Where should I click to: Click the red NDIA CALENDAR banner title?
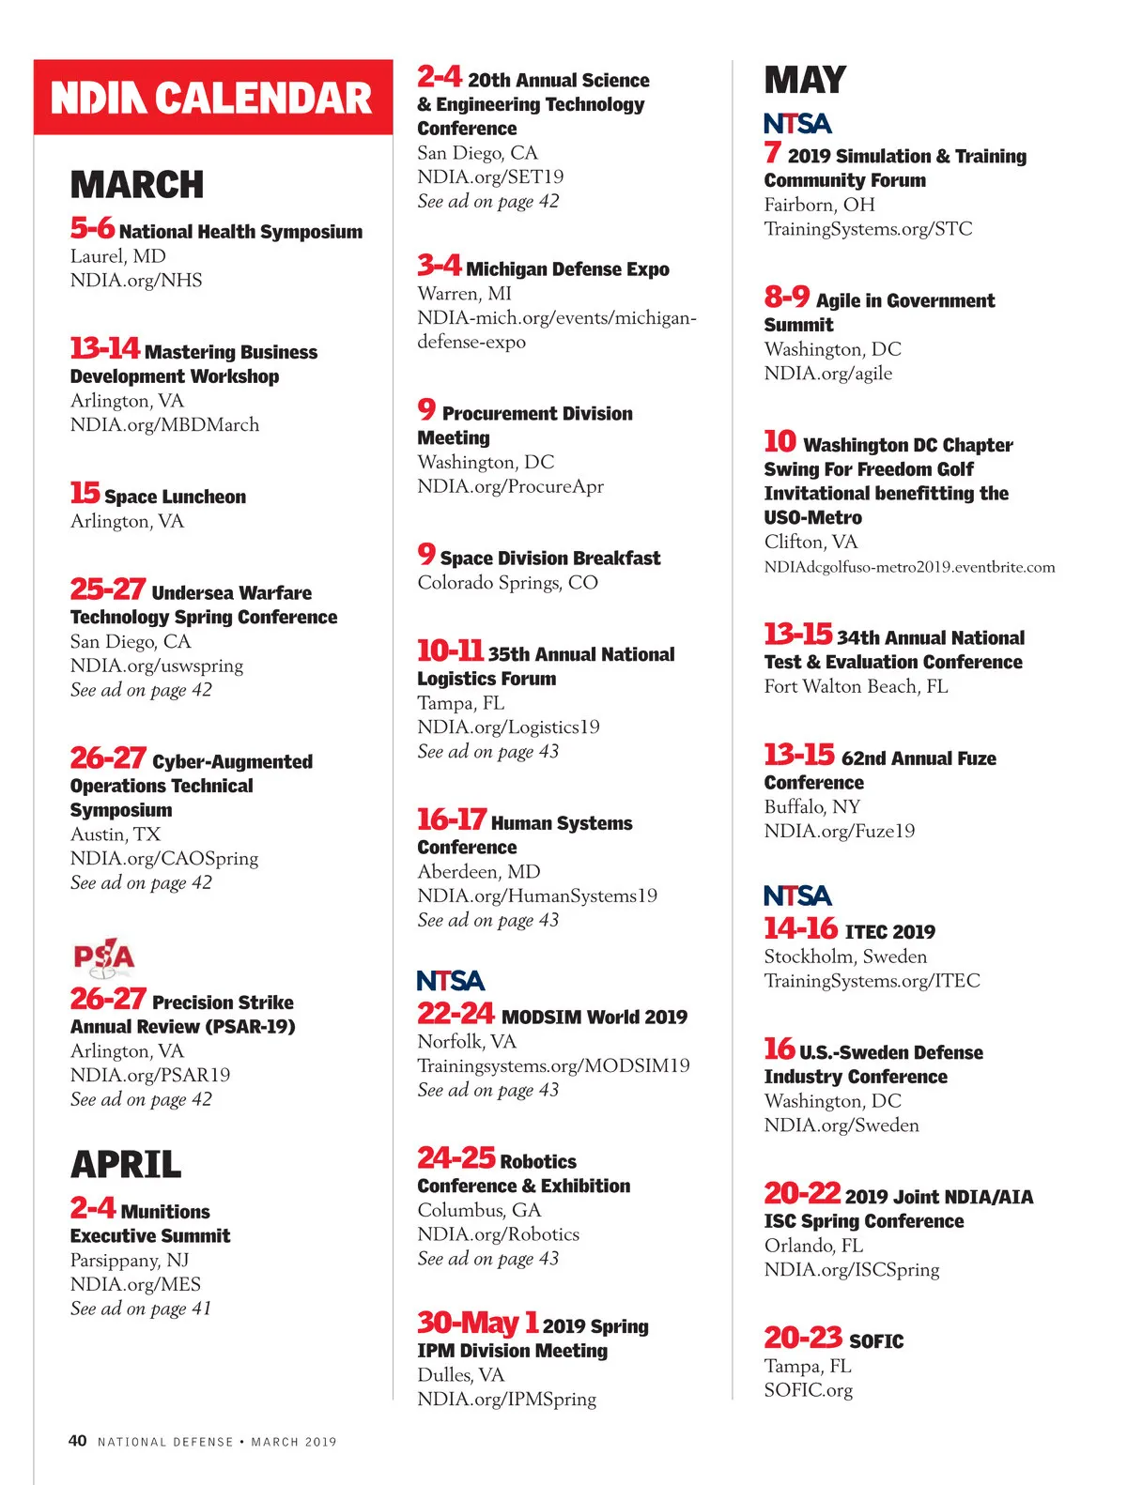click(212, 99)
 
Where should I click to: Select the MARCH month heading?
click(137, 185)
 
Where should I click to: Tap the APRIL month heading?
click(126, 1165)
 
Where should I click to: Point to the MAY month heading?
click(805, 81)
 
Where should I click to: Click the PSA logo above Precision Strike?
click(104, 957)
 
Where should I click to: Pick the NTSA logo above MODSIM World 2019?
click(451, 981)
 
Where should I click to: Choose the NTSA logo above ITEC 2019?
click(797, 896)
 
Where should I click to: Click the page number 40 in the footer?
click(77, 1441)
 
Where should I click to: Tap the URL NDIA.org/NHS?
click(136, 281)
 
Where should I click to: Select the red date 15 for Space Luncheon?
click(85, 493)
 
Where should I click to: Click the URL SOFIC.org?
click(809, 1390)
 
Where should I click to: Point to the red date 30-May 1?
click(478, 1323)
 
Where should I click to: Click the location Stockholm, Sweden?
click(845, 957)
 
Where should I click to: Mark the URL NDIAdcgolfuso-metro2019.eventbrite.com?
click(909, 567)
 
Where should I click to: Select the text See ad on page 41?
click(141, 1309)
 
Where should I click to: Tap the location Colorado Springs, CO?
click(508, 583)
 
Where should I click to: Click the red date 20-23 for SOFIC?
click(803, 1338)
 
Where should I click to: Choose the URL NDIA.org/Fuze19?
click(840, 831)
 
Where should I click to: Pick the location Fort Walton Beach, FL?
click(856, 686)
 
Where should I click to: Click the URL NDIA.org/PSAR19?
click(150, 1075)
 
